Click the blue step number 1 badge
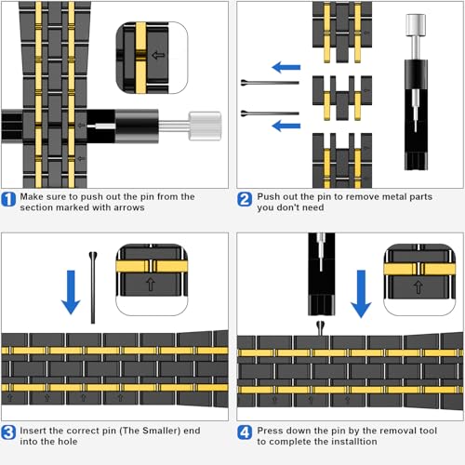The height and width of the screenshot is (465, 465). tap(8, 199)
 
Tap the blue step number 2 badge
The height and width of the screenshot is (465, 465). tap(245, 199)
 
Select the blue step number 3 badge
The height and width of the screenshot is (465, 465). tap(8, 432)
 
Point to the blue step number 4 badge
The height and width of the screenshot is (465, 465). tap(245, 432)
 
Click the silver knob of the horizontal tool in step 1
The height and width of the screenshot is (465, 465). tap(205, 126)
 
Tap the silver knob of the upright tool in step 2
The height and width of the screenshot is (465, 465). tap(416, 25)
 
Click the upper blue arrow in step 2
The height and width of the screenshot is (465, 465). tap(286, 67)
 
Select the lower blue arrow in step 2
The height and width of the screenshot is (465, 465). tap(286, 126)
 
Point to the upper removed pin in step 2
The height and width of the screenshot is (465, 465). tap(270, 83)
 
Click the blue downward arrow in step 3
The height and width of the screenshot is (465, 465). tap(71, 292)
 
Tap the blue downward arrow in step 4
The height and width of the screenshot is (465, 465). tap(361, 294)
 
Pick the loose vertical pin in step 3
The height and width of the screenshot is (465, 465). tap(93, 287)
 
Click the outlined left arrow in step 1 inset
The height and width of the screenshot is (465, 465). tap(158, 56)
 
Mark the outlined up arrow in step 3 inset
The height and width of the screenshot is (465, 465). tap(151, 284)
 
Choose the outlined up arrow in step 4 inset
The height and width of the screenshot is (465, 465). tap(418, 287)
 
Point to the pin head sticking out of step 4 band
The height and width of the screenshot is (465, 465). tap(320, 327)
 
